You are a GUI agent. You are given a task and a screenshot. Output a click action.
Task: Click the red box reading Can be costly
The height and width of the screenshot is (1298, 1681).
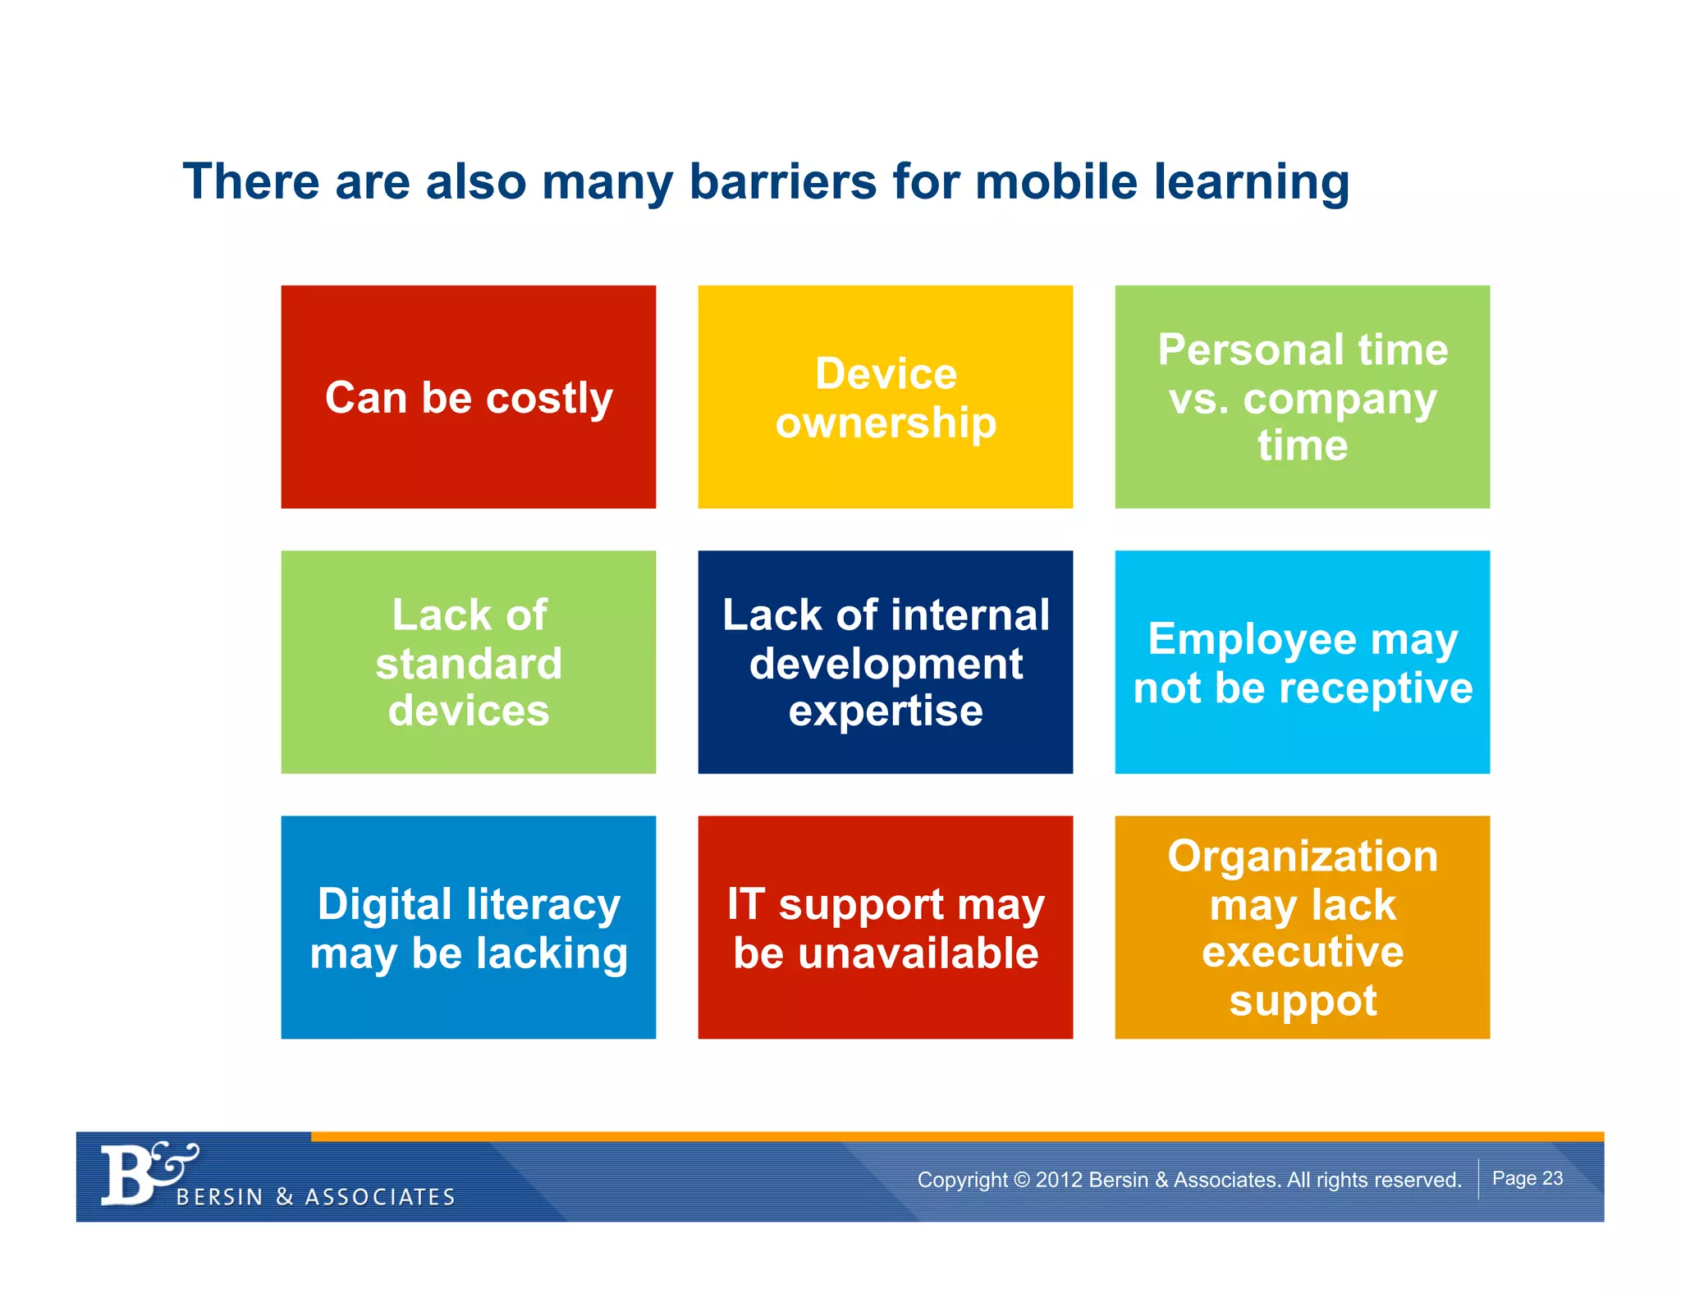point(468,397)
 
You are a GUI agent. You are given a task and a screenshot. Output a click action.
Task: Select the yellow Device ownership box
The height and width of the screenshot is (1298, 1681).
point(885,397)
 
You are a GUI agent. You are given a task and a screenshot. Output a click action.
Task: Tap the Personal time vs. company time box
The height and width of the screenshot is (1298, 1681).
point(1302,397)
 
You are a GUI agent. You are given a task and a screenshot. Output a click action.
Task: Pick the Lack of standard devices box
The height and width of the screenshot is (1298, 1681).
point(468,662)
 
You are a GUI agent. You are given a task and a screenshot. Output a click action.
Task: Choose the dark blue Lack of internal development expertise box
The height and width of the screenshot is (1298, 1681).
point(885,662)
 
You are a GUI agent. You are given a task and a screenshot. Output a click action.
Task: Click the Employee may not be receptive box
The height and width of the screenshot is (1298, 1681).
point(1302,662)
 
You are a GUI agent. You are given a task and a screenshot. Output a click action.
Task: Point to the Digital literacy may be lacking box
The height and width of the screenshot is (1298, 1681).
point(468,927)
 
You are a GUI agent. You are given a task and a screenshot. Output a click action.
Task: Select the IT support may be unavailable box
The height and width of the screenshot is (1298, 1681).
point(885,927)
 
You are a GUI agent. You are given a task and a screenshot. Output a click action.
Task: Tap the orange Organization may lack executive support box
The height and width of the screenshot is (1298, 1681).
point(1302,927)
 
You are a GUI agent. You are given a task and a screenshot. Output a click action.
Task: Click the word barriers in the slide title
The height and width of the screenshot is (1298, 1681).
point(783,181)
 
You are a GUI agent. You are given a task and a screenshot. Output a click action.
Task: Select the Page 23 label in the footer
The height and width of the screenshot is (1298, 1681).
point(1527,1178)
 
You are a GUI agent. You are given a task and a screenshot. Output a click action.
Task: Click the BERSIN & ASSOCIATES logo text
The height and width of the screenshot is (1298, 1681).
point(316,1197)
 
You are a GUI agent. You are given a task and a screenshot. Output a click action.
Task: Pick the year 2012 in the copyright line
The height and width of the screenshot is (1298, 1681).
point(1059,1180)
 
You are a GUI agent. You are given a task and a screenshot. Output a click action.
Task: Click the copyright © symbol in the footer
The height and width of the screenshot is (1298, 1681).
point(1021,1180)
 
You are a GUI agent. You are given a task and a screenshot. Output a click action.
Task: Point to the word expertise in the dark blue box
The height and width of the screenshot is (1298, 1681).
point(886,711)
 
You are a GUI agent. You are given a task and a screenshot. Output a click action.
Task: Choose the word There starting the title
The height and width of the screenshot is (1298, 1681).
point(250,181)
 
